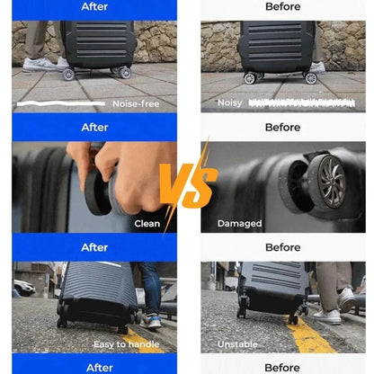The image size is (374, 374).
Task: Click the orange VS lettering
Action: [x=188, y=186]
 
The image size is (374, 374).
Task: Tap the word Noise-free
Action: [x=136, y=104]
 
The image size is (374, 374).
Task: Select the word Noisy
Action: [x=230, y=103]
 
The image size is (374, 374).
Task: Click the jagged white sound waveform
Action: [x=301, y=103]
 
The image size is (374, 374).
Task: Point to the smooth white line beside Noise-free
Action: [x=61, y=103]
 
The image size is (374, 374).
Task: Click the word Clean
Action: [x=147, y=224]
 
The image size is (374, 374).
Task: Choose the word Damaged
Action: [x=239, y=224]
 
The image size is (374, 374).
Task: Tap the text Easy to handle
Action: [x=127, y=344]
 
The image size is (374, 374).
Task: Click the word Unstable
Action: [x=237, y=344]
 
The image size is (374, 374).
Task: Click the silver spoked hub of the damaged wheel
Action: [x=332, y=182]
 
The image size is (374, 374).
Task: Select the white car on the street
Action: [x=24, y=287]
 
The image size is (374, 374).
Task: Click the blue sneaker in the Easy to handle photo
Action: [x=153, y=322]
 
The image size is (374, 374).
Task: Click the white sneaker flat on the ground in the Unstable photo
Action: [x=327, y=316]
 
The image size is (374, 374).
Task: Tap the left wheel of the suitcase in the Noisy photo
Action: [x=250, y=78]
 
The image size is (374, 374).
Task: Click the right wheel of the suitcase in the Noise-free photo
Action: [x=125, y=73]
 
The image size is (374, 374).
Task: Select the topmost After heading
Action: [x=94, y=6]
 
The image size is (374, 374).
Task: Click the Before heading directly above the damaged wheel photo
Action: [x=283, y=127]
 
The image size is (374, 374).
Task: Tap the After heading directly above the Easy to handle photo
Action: [x=94, y=247]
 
